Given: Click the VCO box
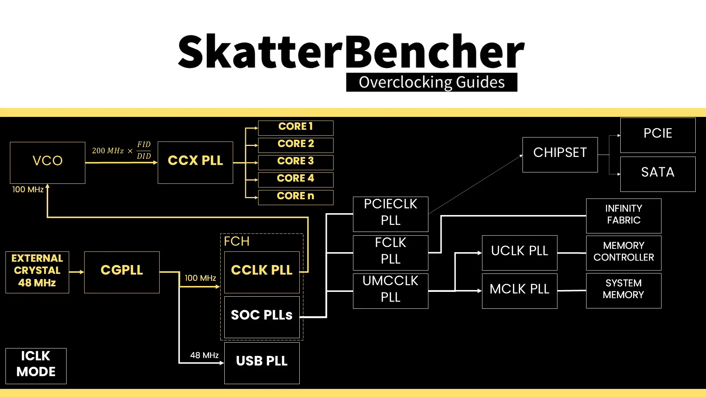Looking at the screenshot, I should tap(47, 162).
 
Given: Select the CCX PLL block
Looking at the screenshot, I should tap(195, 162).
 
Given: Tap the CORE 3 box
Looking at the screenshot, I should tap(296, 162).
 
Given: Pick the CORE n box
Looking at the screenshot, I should tap(296, 197).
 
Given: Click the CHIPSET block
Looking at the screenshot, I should tap(560, 154).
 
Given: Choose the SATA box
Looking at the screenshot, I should tap(658, 174).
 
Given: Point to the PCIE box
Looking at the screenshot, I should tap(658, 135).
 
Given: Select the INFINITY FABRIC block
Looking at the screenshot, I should tap(624, 216).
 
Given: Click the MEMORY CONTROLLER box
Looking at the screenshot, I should tap(624, 253).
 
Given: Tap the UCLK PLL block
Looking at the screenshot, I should tap(520, 253).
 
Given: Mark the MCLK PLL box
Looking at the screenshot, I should tap(520, 291).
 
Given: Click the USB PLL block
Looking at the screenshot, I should tap(262, 363).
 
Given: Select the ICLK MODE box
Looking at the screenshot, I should tap(36, 366).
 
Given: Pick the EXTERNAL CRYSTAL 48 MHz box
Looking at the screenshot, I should tap(37, 272).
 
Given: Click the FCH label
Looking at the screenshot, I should tap(237, 242).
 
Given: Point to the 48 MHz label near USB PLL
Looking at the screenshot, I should tap(204, 355).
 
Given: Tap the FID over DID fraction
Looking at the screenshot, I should tap(144, 150).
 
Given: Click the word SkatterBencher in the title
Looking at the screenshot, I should tap(351, 51).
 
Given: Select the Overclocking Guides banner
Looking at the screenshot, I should tap(432, 82).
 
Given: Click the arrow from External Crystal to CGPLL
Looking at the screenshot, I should tap(76, 272).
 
